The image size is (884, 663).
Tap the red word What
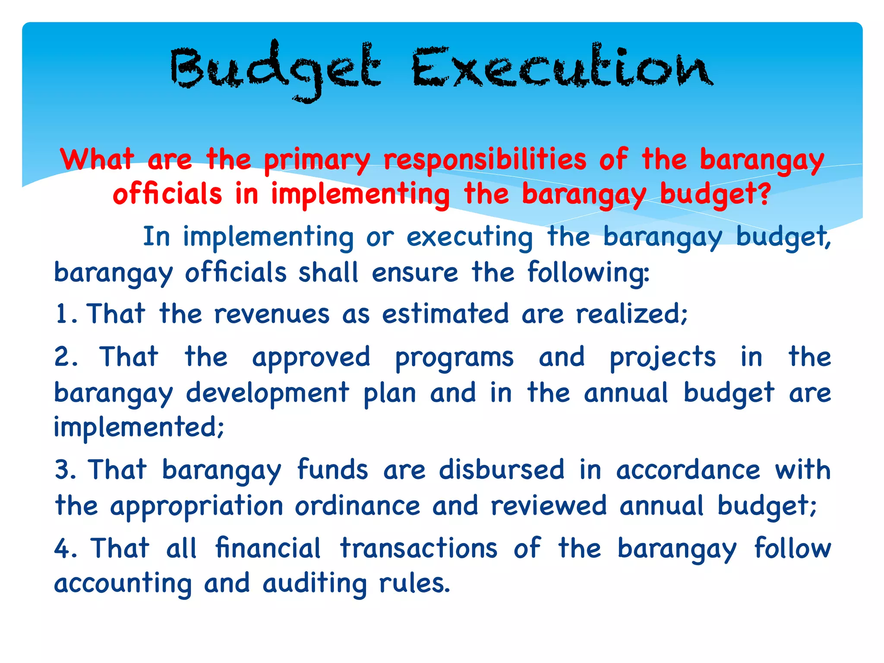coord(97,159)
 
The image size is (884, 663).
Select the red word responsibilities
coord(485,160)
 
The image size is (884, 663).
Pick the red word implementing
coord(360,194)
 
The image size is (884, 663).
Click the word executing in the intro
coord(470,238)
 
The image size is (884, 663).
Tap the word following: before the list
coord(588,273)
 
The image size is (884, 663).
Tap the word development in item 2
coord(268,393)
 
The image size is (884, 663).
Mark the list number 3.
coord(65,470)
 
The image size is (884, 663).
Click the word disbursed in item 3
coord(502,470)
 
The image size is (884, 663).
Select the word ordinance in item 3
coord(357,506)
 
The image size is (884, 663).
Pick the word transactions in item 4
coord(419,549)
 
